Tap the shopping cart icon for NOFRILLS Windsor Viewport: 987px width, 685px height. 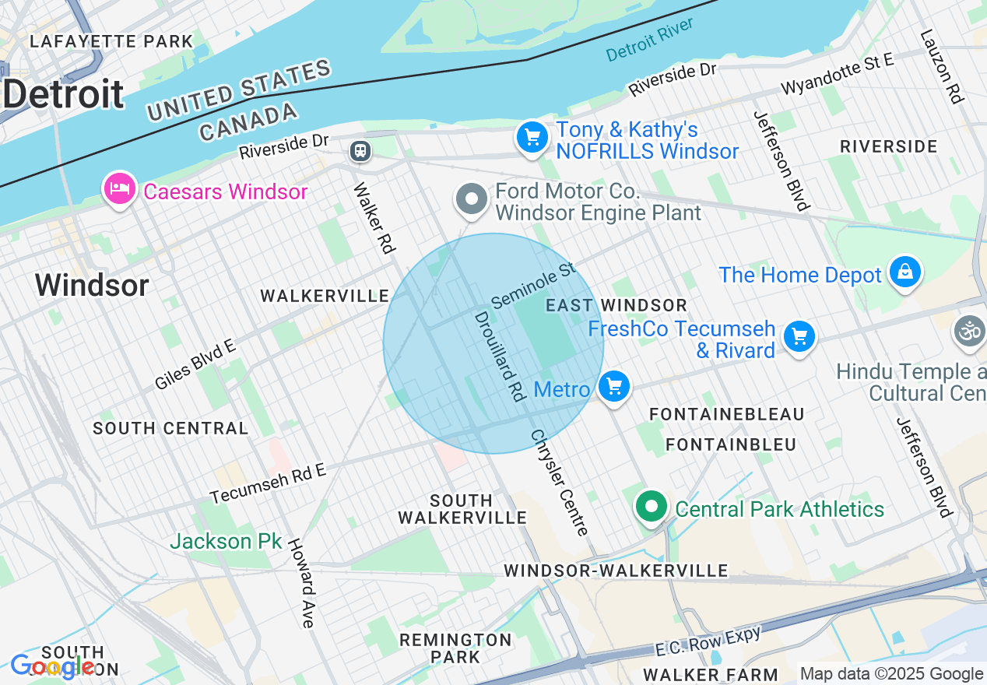tap(532, 139)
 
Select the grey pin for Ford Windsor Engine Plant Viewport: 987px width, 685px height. tap(471, 199)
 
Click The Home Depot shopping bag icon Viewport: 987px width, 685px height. tap(904, 272)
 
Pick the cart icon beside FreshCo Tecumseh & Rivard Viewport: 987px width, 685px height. tap(799, 337)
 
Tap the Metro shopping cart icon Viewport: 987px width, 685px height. tap(614, 386)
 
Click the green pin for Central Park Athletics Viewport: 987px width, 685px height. tap(652, 507)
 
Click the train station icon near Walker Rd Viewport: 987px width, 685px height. tap(360, 150)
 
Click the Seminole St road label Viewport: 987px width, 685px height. tap(534, 284)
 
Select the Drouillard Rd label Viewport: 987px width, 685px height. tap(499, 356)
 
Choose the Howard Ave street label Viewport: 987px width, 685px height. tap(301, 583)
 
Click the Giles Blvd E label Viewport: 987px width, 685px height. tap(195, 364)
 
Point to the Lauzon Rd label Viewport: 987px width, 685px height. tap(941, 66)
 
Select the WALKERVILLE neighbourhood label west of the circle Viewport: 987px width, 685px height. tap(324, 296)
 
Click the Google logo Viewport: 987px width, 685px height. tap(53, 666)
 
